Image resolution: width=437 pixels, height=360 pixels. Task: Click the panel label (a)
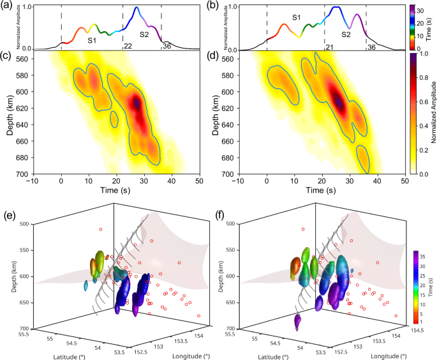(8, 6)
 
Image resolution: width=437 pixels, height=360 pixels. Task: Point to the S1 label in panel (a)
(91, 41)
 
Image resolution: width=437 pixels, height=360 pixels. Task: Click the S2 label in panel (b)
(346, 36)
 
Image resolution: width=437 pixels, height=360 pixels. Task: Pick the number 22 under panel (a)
(128, 47)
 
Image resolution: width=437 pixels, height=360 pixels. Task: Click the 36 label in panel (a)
(168, 46)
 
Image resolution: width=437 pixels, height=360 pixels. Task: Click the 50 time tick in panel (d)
(407, 183)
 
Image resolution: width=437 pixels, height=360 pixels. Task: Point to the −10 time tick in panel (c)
(33, 183)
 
